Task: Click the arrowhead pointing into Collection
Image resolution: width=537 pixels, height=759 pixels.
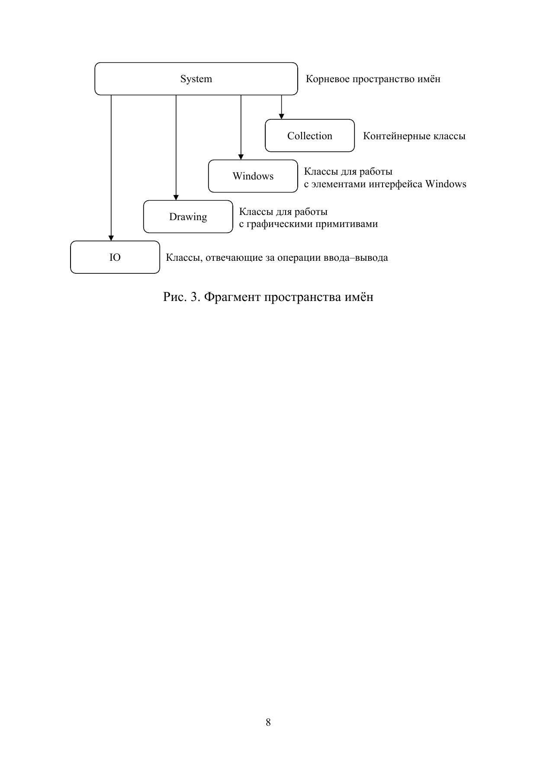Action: (x=281, y=116)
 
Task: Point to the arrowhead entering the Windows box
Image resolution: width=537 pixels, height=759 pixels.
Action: (x=241, y=157)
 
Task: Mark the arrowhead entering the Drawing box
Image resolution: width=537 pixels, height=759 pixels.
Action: (x=176, y=197)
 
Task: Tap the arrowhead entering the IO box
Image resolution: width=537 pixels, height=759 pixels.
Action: (x=111, y=238)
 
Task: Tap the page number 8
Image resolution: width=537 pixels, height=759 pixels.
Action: (x=268, y=722)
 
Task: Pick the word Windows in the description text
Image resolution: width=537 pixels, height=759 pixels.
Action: (x=446, y=184)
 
